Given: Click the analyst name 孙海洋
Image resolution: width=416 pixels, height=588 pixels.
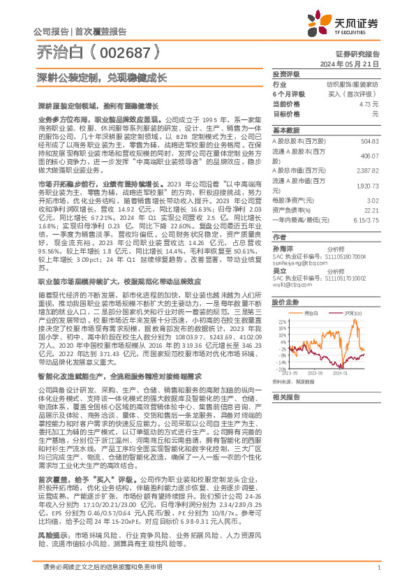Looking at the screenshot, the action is (x=281, y=248).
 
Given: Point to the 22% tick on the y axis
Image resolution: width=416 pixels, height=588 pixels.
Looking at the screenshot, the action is (x=281, y=322).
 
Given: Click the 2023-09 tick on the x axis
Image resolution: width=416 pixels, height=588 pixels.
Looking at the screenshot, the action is (x=313, y=373).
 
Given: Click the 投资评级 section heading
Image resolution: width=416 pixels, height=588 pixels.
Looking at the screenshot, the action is (x=285, y=73).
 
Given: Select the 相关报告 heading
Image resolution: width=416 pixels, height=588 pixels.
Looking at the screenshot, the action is (x=285, y=396).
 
